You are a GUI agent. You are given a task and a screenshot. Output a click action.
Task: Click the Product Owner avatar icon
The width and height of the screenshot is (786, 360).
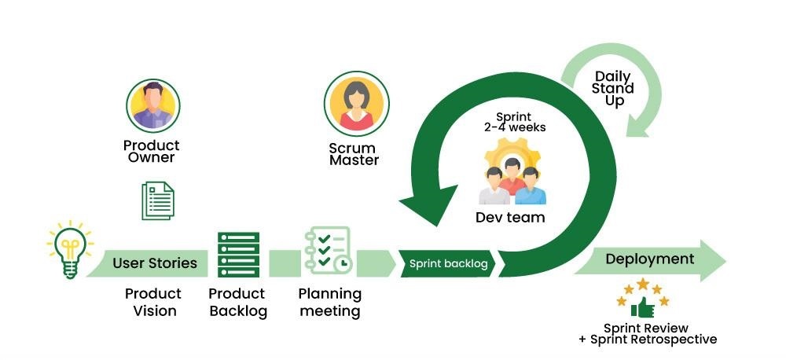tap(153, 107)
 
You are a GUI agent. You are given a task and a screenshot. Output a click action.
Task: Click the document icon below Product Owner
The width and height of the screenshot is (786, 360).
tap(157, 200)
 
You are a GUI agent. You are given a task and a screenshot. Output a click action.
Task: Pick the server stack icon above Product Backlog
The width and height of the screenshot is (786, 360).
tap(238, 255)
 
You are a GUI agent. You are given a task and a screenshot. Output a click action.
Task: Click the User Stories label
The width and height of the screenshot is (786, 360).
tap(155, 263)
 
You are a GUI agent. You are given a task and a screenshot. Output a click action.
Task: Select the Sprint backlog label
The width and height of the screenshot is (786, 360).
tap(448, 264)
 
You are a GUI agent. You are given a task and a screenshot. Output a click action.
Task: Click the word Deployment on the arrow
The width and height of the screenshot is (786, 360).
tap(649, 259)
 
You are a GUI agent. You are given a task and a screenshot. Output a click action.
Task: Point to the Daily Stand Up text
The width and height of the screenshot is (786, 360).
tap(614, 88)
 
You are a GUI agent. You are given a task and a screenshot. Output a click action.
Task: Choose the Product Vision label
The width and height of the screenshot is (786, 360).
tap(153, 302)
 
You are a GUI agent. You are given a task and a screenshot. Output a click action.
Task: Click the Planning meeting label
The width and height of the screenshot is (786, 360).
tap(329, 302)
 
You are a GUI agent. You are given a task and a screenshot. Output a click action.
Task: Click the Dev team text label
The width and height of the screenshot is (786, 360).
tap(510, 218)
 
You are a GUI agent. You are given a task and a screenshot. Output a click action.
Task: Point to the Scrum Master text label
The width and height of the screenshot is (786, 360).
tap(354, 154)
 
